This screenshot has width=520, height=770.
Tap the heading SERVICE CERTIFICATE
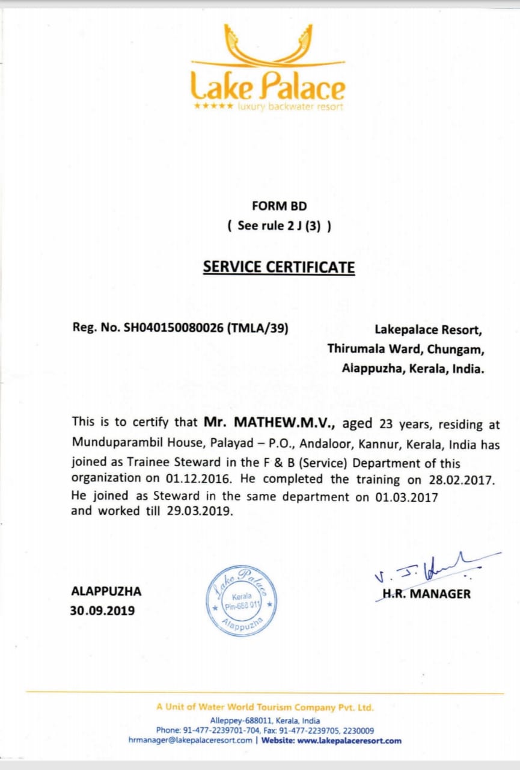point(279,266)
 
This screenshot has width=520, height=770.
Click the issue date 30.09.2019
point(103,611)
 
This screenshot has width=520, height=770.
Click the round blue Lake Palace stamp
point(242,600)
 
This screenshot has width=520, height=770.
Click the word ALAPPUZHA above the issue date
point(106,591)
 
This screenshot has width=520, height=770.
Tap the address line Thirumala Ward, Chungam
point(406,349)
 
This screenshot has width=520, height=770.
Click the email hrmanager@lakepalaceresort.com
point(190,741)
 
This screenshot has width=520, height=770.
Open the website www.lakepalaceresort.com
point(349,741)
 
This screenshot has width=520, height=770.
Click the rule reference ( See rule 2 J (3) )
point(279,227)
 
